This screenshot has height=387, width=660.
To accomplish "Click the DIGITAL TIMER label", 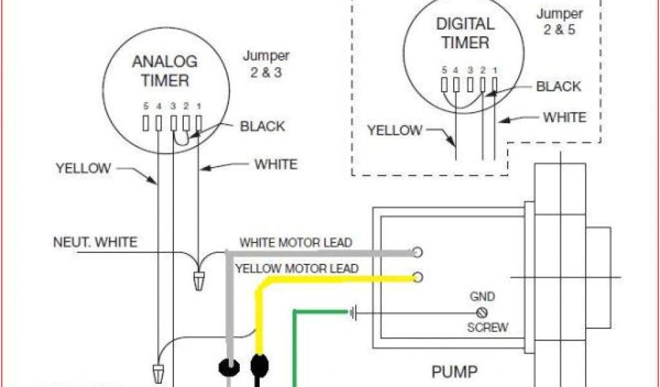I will click(x=465, y=34).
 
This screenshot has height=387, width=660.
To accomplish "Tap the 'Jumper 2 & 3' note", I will click(x=266, y=64).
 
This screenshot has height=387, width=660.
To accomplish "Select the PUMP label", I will click(x=454, y=372).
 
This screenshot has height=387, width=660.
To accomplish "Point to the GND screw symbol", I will click(x=481, y=312).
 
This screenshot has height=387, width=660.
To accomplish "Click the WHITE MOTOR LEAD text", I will click(x=296, y=243).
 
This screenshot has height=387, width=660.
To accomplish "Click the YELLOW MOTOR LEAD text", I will click(x=296, y=268).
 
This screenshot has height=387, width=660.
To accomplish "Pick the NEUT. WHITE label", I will click(x=95, y=243).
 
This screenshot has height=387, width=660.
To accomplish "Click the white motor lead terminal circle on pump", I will click(x=418, y=252).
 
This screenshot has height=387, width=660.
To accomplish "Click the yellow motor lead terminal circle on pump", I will click(x=418, y=277).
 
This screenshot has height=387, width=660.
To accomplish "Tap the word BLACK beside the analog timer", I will click(x=262, y=126).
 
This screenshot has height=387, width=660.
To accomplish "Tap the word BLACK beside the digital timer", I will click(x=558, y=86).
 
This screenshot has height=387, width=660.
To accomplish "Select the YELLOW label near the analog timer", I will click(x=83, y=168).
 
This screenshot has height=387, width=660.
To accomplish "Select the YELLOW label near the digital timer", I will click(x=394, y=130).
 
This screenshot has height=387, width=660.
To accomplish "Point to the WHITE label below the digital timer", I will click(x=565, y=117).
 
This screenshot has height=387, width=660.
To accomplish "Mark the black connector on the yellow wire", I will click(x=260, y=364).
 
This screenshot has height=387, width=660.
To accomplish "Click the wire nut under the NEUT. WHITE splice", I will click(x=199, y=280).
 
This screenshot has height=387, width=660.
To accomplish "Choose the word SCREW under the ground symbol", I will click(x=487, y=327).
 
